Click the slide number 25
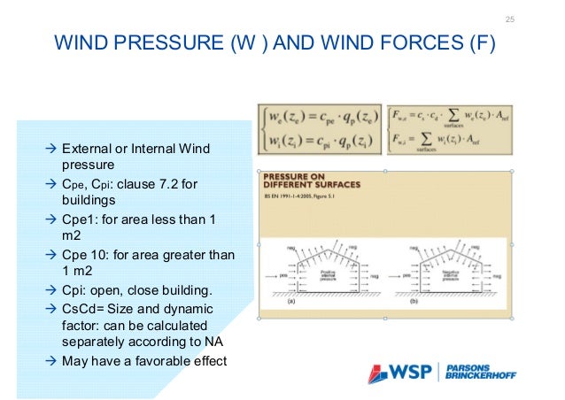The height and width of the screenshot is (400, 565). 509,19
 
